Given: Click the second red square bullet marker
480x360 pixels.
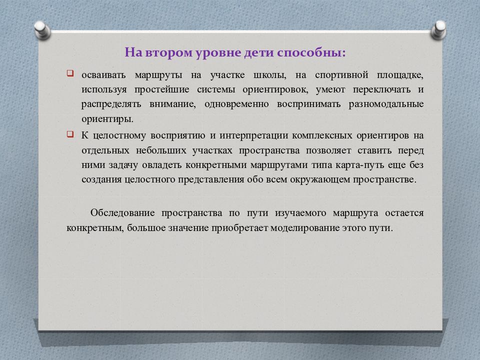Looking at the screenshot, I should (70, 135).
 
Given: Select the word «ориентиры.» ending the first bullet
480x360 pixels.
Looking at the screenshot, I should (107, 119).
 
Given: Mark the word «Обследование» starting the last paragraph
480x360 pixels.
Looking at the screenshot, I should (121, 213).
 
